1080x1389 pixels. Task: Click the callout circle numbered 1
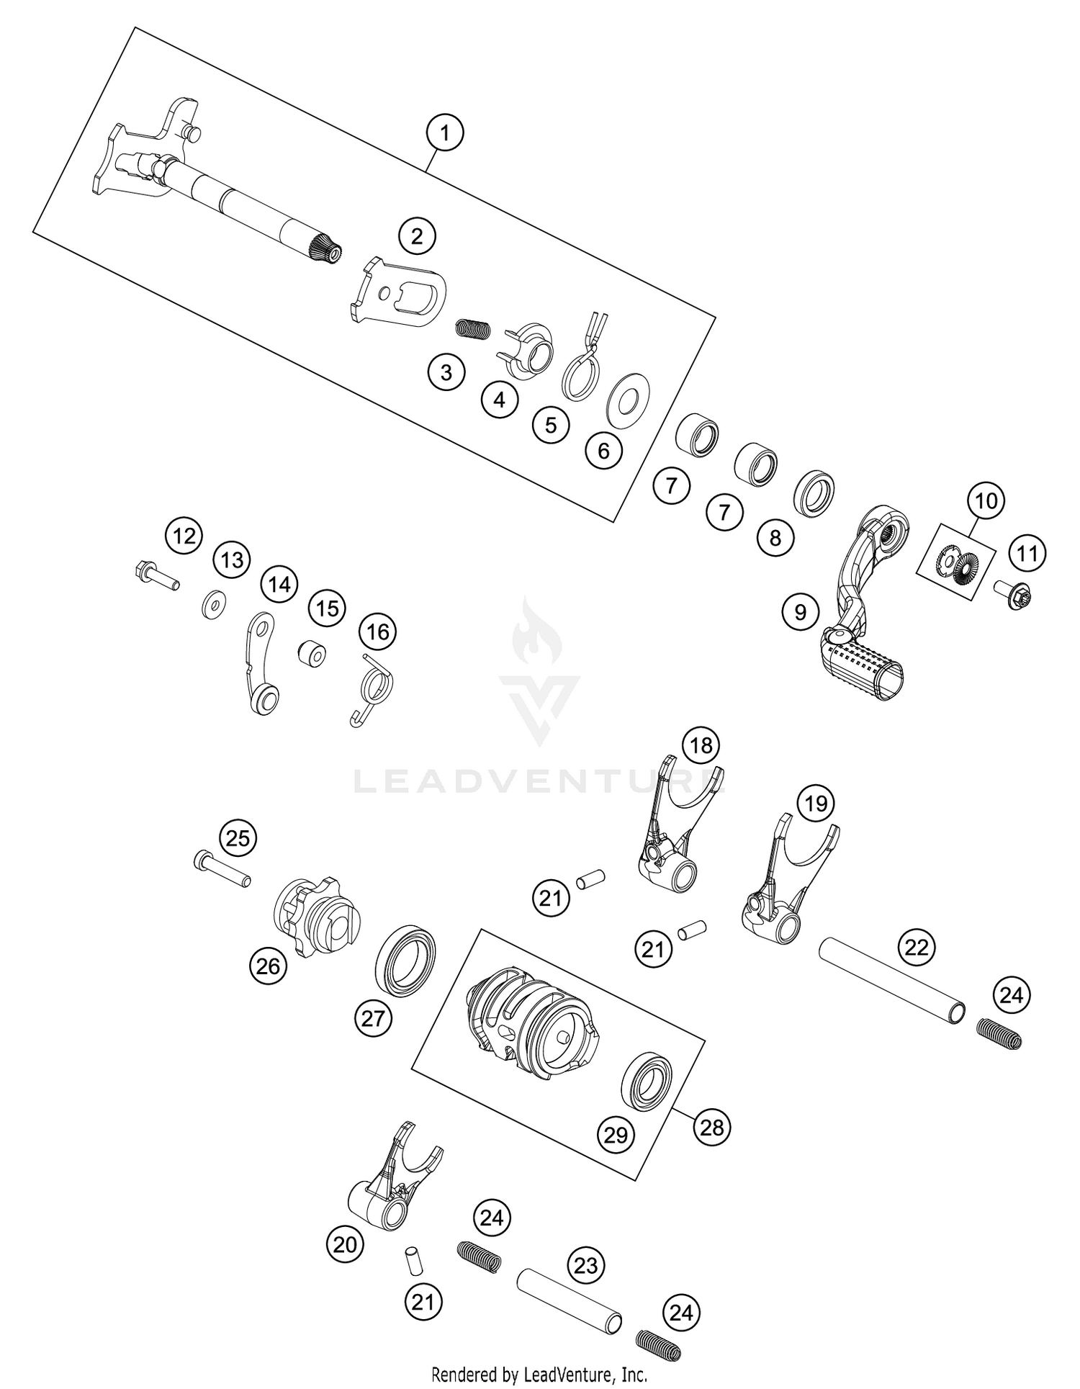444,133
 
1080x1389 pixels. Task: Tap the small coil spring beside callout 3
474,329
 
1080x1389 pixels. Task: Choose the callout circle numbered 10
986,500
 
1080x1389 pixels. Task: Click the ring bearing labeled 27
406,961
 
